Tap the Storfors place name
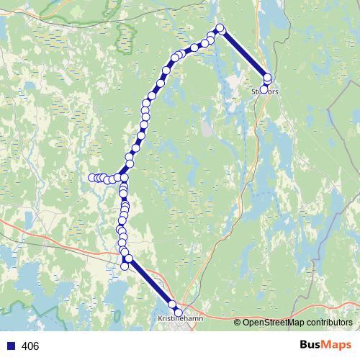264,92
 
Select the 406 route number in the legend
31,346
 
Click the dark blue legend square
10,346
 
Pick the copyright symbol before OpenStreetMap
238,323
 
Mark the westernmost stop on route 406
92,178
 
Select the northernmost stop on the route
220,29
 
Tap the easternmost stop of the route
268,78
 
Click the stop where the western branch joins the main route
124,177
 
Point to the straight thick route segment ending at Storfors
244,53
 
